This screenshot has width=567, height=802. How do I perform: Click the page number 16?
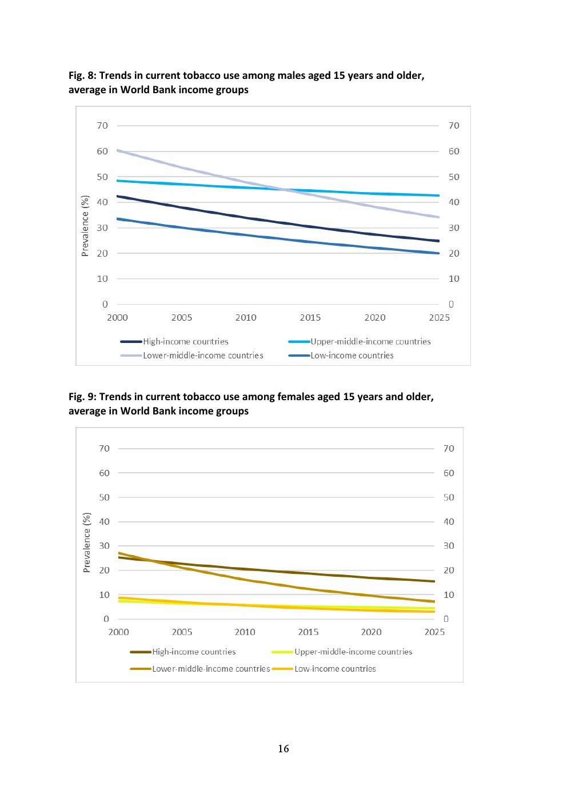283,749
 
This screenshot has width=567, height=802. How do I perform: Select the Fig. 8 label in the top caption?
82,75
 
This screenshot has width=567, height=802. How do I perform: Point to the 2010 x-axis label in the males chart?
246,318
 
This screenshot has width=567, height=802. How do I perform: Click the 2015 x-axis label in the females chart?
308,632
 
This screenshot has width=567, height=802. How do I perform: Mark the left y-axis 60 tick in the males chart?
102,151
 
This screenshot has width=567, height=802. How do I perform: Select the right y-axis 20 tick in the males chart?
454,253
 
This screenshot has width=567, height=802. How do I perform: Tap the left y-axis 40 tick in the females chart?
104,522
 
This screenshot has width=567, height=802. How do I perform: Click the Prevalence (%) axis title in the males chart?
85,226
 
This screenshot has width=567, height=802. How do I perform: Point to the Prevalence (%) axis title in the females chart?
87,542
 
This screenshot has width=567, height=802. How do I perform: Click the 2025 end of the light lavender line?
438,217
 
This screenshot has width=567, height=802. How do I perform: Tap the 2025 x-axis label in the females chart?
434,632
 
